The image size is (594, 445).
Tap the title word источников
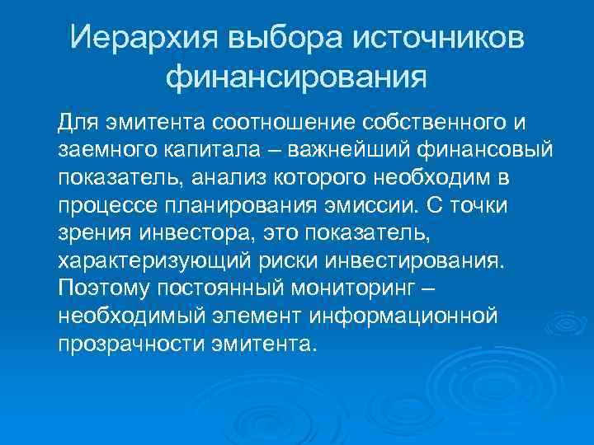tap(438, 37)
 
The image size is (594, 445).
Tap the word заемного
tap(101, 152)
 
